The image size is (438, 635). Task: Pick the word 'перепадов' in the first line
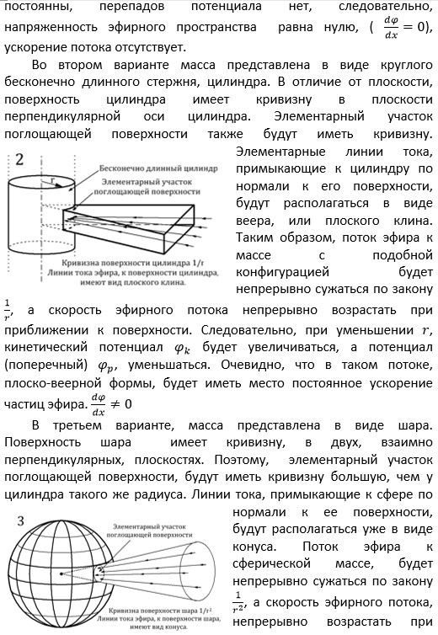pos(139,8)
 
